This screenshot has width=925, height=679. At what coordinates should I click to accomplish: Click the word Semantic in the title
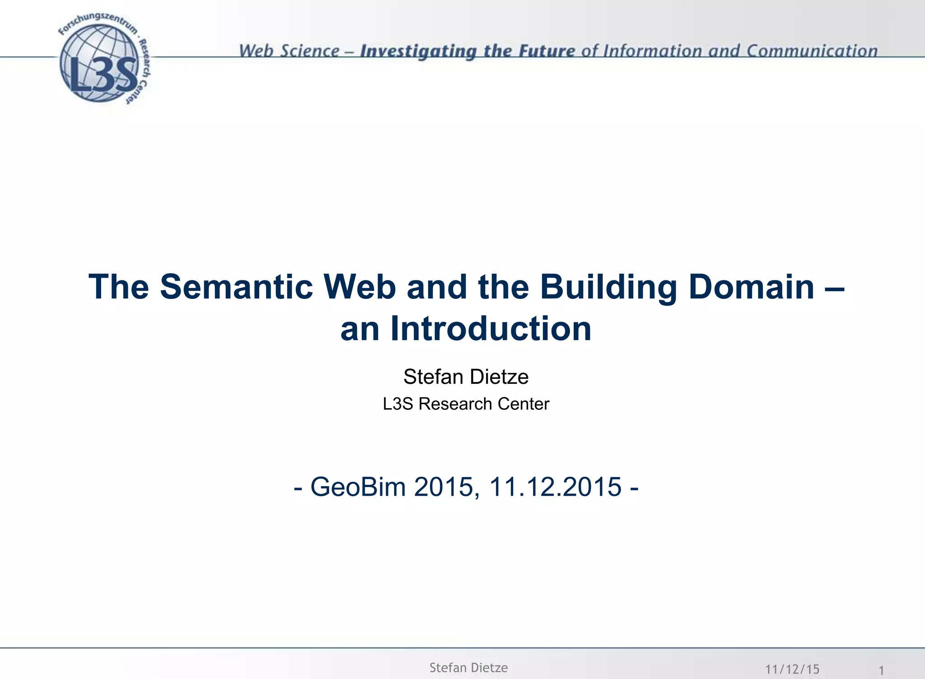pos(237,287)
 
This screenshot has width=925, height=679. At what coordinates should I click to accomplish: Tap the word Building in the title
pos(609,287)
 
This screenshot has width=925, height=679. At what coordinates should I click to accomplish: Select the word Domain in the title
pos(752,287)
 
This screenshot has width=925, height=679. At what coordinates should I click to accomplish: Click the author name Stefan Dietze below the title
pos(466,377)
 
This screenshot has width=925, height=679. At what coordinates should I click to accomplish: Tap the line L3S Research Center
pos(466,404)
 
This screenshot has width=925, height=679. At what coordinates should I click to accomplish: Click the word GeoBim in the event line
pos(358,487)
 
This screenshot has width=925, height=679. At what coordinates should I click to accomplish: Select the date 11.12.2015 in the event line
pos(555,487)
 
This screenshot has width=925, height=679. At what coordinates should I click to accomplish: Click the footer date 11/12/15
pos(792,669)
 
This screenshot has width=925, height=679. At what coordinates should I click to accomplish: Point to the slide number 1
pos(881,670)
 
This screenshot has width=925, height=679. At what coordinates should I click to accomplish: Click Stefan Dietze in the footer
pos(468,668)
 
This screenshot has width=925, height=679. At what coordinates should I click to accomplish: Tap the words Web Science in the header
pos(289,51)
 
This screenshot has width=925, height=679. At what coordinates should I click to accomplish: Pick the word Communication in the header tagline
pos(812,51)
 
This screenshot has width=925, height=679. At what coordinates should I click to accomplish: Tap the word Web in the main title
pos(360,287)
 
